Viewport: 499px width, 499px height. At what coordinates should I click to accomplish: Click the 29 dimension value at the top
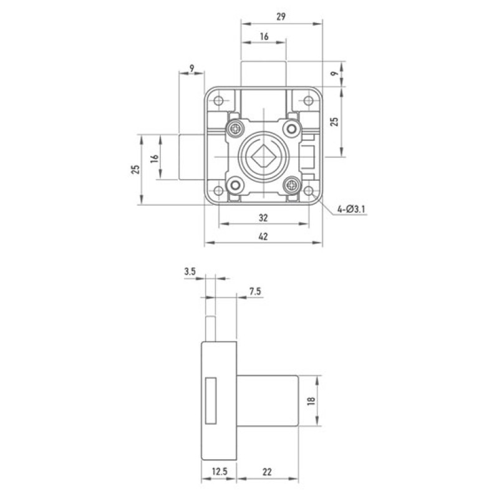tap(281, 17)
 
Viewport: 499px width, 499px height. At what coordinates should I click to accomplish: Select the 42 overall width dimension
tap(263, 236)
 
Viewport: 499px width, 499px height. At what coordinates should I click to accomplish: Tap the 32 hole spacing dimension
tap(263, 218)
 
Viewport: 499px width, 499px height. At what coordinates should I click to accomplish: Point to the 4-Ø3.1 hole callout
tap(351, 210)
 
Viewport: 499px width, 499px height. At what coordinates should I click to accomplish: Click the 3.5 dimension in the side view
tap(190, 271)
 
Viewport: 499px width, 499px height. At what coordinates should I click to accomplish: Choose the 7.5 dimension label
tap(255, 291)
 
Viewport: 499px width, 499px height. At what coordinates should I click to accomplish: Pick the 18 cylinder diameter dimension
tap(311, 400)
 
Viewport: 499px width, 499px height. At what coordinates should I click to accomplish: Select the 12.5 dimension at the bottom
tap(220, 471)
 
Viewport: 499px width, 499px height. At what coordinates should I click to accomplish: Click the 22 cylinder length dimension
tap(267, 472)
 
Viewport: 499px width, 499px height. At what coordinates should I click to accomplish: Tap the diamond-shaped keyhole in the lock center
tap(263, 157)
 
